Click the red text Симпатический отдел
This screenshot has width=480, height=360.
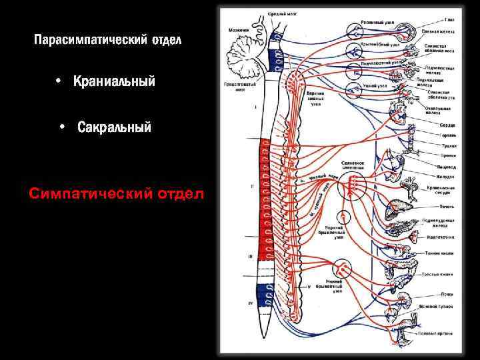[x=117, y=194]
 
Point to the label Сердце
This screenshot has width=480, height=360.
[x=447, y=125]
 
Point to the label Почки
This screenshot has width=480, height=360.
[x=447, y=293]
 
